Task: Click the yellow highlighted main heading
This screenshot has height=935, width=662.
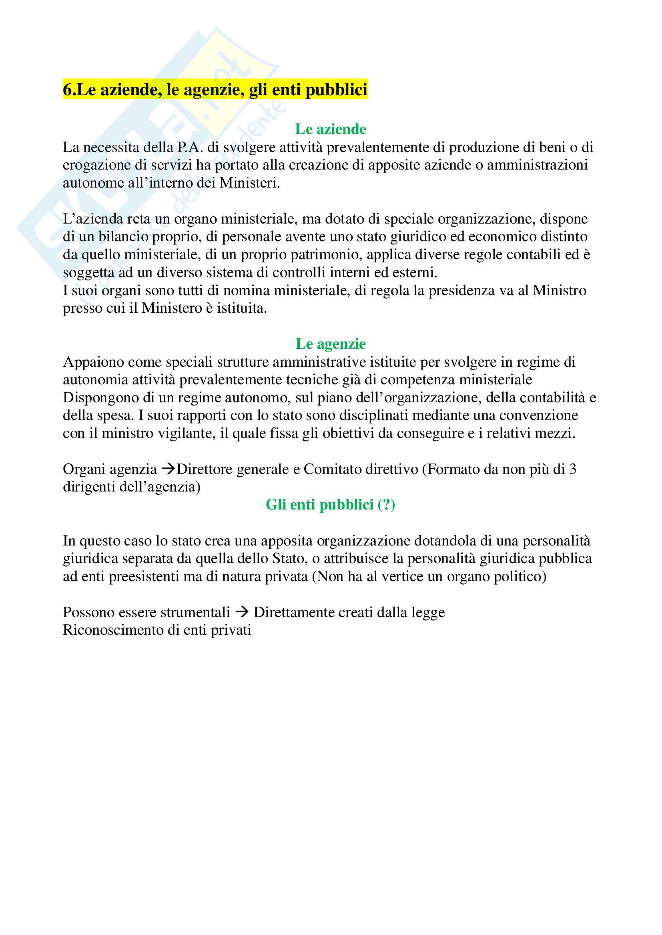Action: [x=215, y=89]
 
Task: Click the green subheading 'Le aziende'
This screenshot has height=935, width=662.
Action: [x=331, y=129]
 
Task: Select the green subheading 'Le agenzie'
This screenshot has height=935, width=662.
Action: [x=331, y=344]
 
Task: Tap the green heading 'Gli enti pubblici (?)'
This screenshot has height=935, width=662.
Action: [x=331, y=505]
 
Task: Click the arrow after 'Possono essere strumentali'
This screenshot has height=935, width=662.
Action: [x=243, y=611]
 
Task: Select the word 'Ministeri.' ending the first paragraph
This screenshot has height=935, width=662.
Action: [x=250, y=183]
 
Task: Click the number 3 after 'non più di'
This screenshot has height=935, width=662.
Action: [x=573, y=469]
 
